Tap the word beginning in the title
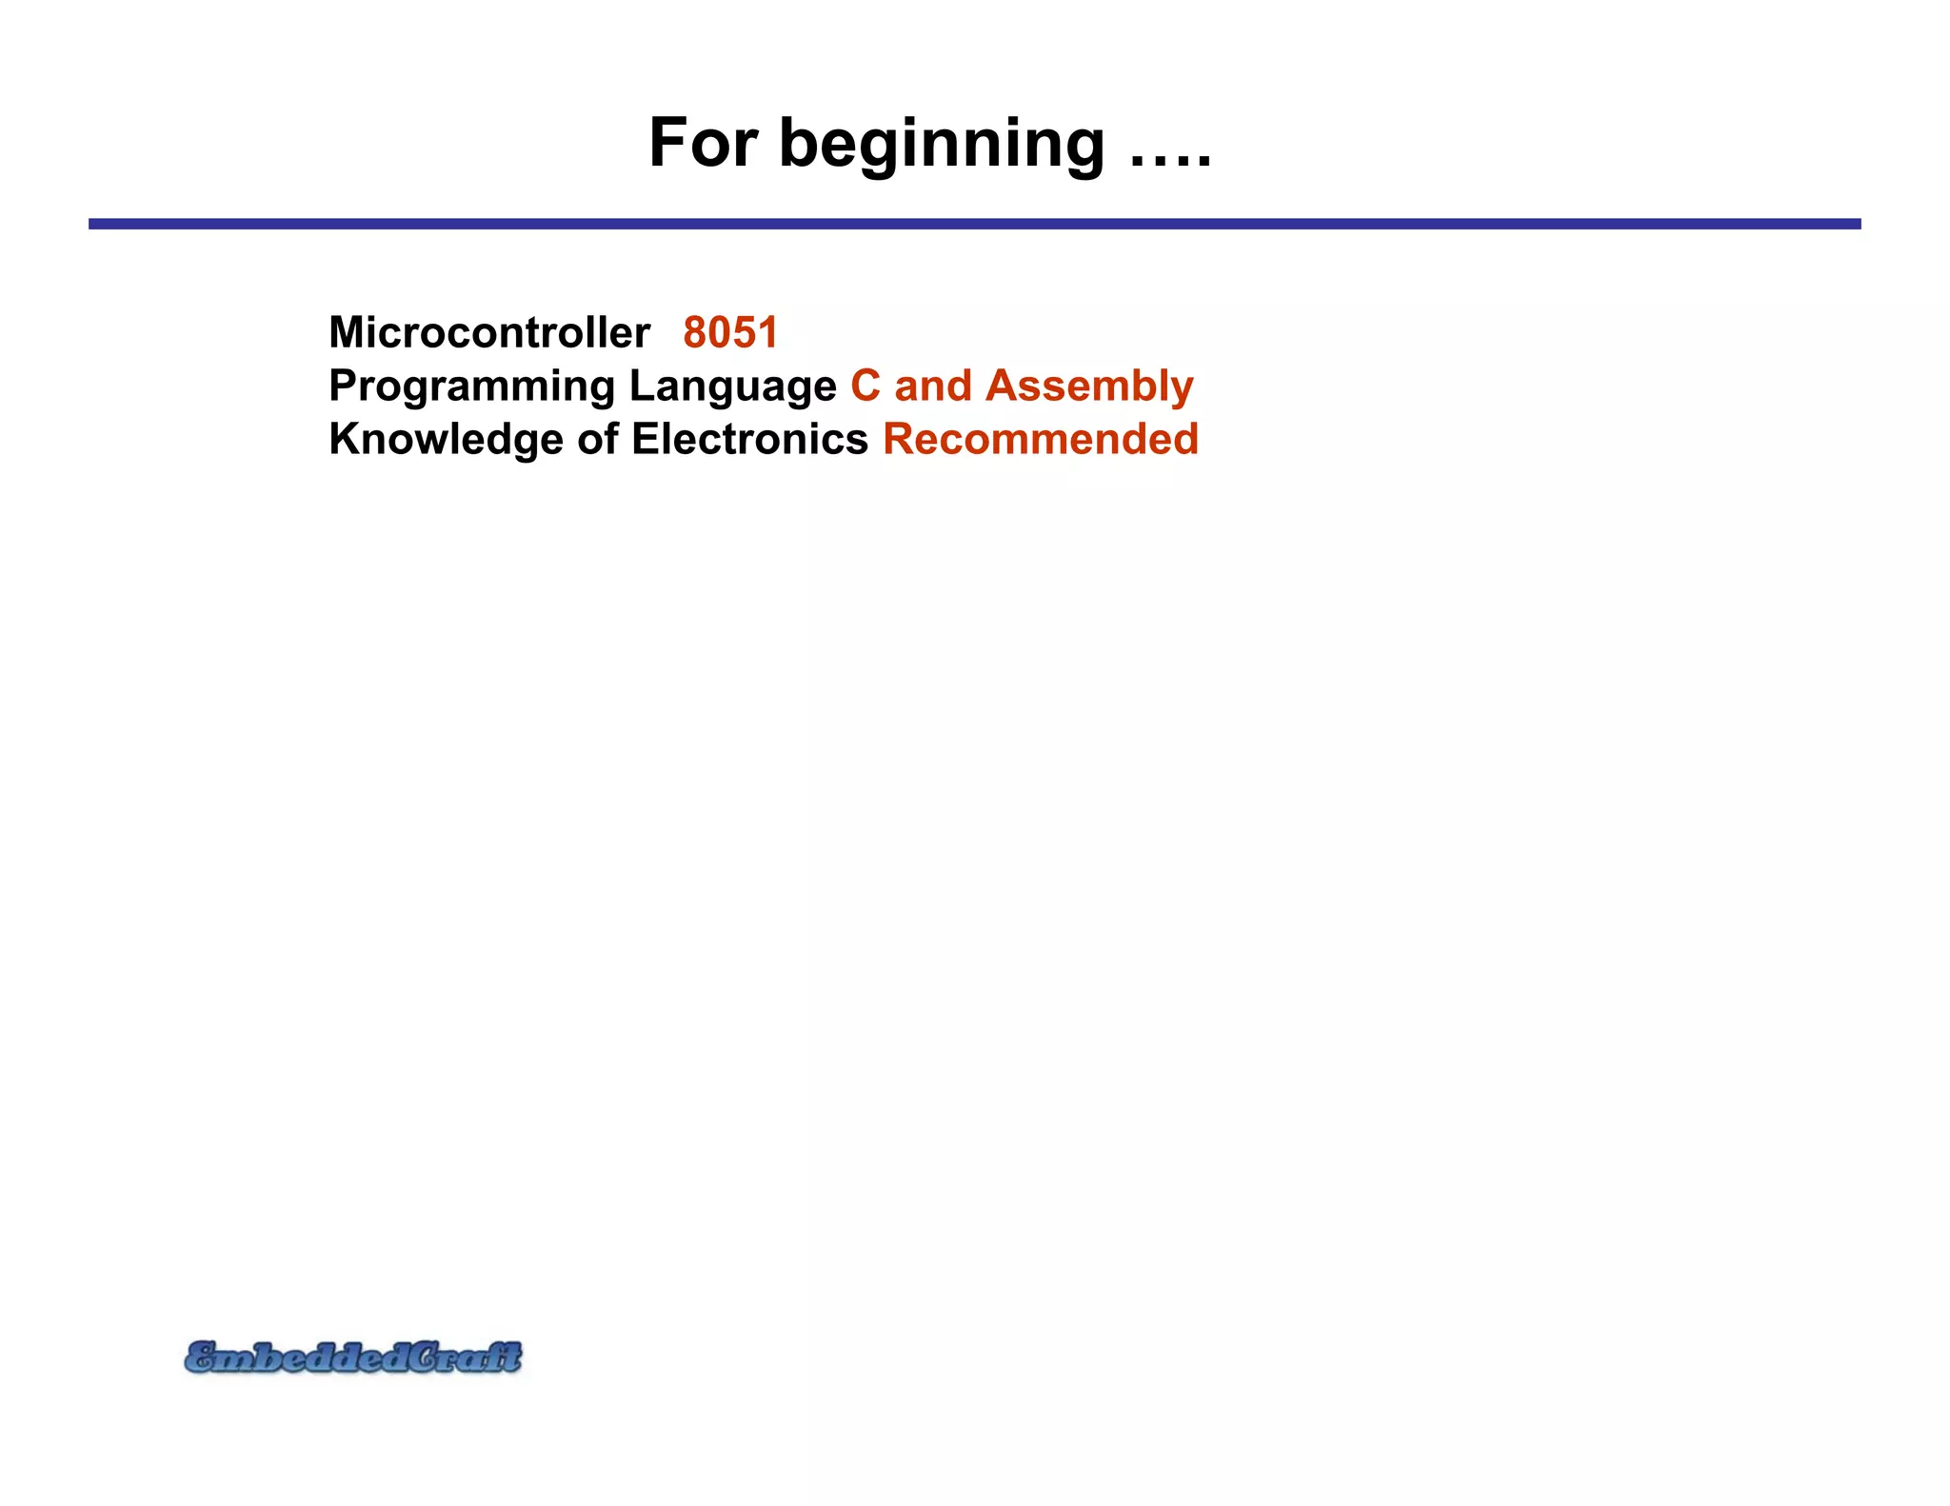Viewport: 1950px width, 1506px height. click(x=942, y=146)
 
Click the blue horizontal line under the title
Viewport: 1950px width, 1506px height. click(x=974, y=224)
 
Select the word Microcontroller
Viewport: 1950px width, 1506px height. click(x=489, y=333)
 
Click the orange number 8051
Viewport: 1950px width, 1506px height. click(x=730, y=333)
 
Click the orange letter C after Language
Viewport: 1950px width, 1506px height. click(x=866, y=386)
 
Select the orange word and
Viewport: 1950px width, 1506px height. click(x=933, y=386)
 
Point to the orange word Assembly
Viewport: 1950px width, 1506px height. click(x=1089, y=387)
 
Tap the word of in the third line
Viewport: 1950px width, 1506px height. click(x=597, y=440)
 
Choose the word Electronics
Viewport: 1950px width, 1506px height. click(x=749, y=440)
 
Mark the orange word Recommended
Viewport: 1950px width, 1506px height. click(x=1041, y=440)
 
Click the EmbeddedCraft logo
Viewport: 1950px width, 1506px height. click(x=353, y=1357)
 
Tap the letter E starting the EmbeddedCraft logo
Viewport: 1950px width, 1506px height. click(x=202, y=1357)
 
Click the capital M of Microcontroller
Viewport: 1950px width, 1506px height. click(x=348, y=333)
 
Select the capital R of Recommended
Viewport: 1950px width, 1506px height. click(x=900, y=440)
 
